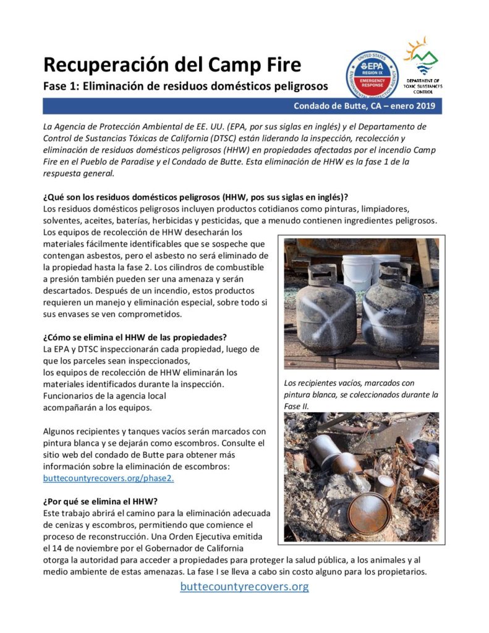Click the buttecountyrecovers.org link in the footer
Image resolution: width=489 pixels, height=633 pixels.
[244, 586]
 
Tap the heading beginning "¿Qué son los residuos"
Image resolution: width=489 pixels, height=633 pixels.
[195, 197]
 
